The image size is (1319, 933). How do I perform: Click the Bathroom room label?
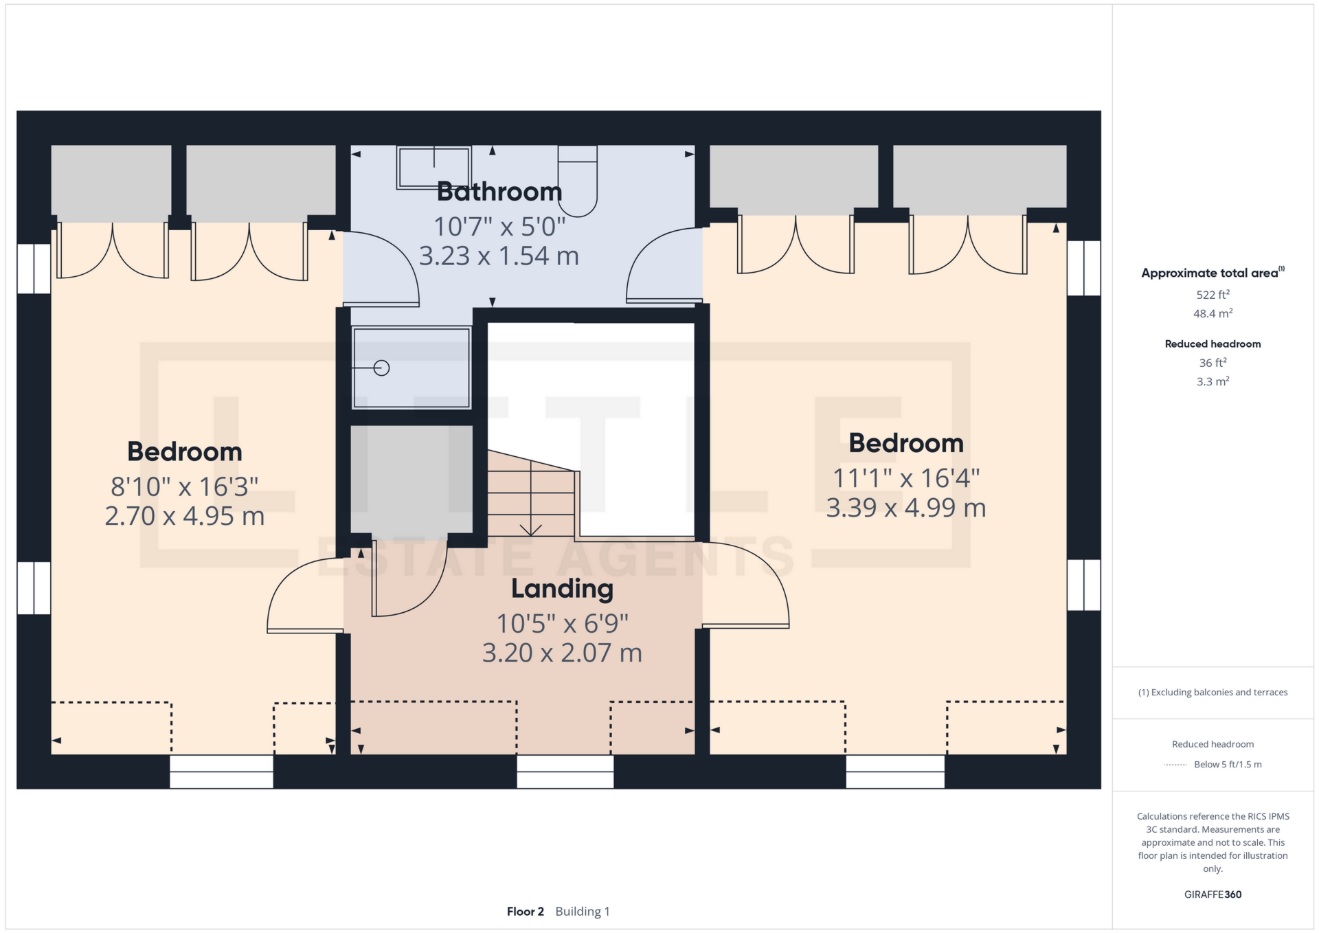pyautogui.click(x=499, y=192)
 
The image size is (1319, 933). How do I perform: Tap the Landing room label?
pyautogui.click(x=562, y=589)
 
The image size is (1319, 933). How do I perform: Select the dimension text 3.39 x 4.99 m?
pyautogui.click(x=906, y=508)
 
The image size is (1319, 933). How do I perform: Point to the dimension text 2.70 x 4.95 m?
pyautogui.click(x=185, y=516)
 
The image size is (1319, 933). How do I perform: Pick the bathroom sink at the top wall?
pyautogui.click(x=433, y=167)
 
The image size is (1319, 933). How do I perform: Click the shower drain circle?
pyautogui.click(x=382, y=368)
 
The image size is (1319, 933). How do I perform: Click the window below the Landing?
pyautogui.click(x=565, y=772)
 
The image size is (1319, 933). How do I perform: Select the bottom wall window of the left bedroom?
pyautogui.click(x=221, y=772)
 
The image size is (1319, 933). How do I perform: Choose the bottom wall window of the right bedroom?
pyautogui.click(x=895, y=772)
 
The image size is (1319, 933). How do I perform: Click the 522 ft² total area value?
pyautogui.click(x=1213, y=295)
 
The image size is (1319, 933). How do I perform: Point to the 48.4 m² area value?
pyautogui.click(x=1213, y=313)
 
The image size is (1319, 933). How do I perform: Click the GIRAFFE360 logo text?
pyautogui.click(x=1213, y=895)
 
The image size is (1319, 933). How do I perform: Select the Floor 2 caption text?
pyautogui.click(x=526, y=912)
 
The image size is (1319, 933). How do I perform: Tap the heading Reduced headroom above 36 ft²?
pyautogui.click(x=1213, y=344)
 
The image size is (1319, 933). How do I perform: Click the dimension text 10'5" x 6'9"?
pyautogui.click(x=562, y=624)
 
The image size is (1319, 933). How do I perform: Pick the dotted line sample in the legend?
pyautogui.click(x=1175, y=765)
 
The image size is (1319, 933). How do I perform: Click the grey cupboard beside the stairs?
pyautogui.click(x=412, y=479)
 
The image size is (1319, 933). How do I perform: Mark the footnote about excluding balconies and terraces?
pyautogui.click(x=1213, y=693)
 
